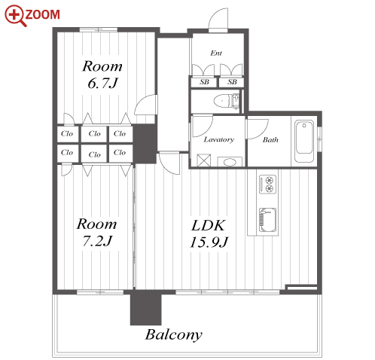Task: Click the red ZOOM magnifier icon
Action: pos(16,16)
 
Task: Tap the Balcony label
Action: pos(174,335)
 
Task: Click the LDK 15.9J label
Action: pos(209,233)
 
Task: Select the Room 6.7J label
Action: pos(102,75)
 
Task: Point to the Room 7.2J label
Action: pos(97,232)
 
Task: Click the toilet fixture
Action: pos(227,101)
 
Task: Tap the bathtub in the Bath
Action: pos(304,141)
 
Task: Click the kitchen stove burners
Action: pos(268,184)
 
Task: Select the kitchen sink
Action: pos(268,220)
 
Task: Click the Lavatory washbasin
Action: pos(230,162)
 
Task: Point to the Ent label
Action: pos(216,53)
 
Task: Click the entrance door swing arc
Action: pos(218,19)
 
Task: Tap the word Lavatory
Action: pos(219,139)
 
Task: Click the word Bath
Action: pos(270,140)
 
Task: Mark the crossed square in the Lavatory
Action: pos(203,160)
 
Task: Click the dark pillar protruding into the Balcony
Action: pos(145,307)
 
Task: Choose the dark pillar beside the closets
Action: pos(145,144)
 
